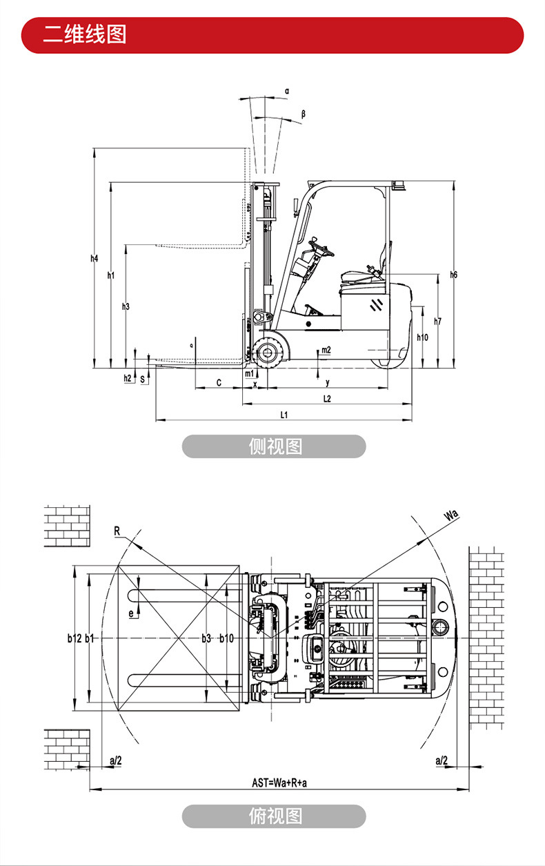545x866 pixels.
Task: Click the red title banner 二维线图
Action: [x=272, y=35]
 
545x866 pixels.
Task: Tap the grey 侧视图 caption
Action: [x=274, y=446]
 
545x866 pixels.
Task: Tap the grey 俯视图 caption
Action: [x=274, y=816]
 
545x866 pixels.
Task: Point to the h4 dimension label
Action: [x=95, y=259]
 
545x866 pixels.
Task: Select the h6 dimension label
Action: [x=453, y=275]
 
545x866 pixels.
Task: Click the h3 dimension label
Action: [x=126, y=306]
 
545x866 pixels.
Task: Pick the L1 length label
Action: [x=284, y=414]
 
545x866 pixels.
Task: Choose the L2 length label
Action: [x=327, y=399]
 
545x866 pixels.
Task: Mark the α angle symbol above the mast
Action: [x=287, y=90]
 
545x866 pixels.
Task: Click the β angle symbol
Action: [x=303, y=112]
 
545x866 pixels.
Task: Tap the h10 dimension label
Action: [x=423, y=337]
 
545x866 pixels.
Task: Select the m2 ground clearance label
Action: [x=326, y=350]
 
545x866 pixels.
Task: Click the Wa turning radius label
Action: [x=450, y=515]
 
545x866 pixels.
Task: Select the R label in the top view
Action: [x=117, y=531]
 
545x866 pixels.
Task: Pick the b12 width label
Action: [x=75, y=638]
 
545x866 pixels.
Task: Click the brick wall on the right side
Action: [x=486, y=635]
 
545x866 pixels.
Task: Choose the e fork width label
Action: [x=130, y=612]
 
